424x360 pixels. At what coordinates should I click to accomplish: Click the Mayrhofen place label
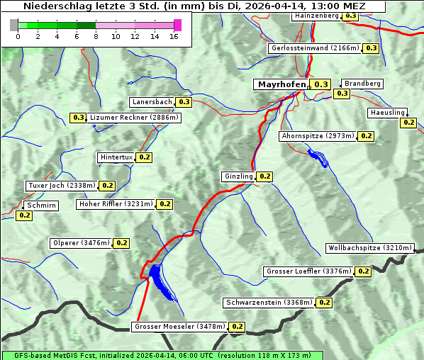(281, 84)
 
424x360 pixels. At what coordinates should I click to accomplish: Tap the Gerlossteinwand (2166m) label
(315, 48)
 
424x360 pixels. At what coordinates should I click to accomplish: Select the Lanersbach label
(152, 102)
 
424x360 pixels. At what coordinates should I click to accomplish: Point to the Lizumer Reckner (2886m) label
(134, 118)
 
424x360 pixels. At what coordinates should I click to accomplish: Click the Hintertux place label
(116, 157)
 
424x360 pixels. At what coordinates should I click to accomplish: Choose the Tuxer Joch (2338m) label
(61, 186)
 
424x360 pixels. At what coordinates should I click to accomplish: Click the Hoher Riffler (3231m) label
(116, 204)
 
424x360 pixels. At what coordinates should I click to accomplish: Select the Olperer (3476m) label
(81, 243)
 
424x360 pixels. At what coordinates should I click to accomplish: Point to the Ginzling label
(238, 176)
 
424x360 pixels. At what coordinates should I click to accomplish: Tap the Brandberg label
(362, 84)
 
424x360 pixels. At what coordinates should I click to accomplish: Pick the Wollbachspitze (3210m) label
(369, 248)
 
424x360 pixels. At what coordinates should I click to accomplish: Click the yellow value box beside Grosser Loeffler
(363, 271)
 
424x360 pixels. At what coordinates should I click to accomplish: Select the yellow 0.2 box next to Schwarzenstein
(324, 303)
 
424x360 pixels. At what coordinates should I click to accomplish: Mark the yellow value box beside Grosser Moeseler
(237, 327)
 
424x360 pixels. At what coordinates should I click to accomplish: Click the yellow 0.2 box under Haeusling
(408, 123)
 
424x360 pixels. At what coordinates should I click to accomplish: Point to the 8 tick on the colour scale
(96, 36)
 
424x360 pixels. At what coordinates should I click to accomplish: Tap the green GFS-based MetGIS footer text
(162, 355)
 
